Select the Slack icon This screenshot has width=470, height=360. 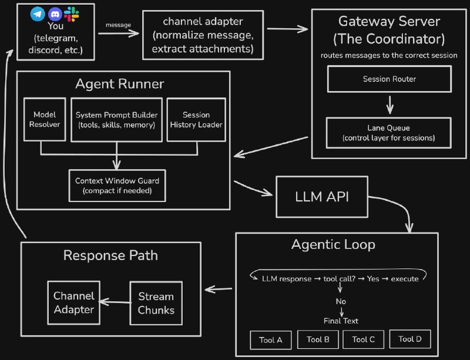tap(71, 12)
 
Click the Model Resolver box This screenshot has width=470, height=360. tap(45, 120)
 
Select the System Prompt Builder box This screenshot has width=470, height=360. tap(116, 119)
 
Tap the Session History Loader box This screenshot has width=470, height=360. tap(196, 120)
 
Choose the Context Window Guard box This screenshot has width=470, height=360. tap(117, 185)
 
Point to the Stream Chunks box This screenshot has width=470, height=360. tap(156, 302)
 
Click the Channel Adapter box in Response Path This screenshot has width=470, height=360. tap(74, 302)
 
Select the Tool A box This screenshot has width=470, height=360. tap(271, 339)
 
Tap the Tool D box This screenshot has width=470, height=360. tap(410, 339)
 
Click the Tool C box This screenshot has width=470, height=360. tap(363, 339)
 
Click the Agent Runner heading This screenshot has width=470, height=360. tap(119, 83)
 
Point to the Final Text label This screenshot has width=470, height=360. tap(341, 321)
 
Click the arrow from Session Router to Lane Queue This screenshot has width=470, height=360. tap(390, 104)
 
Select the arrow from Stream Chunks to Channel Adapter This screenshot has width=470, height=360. tap(114, 302)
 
